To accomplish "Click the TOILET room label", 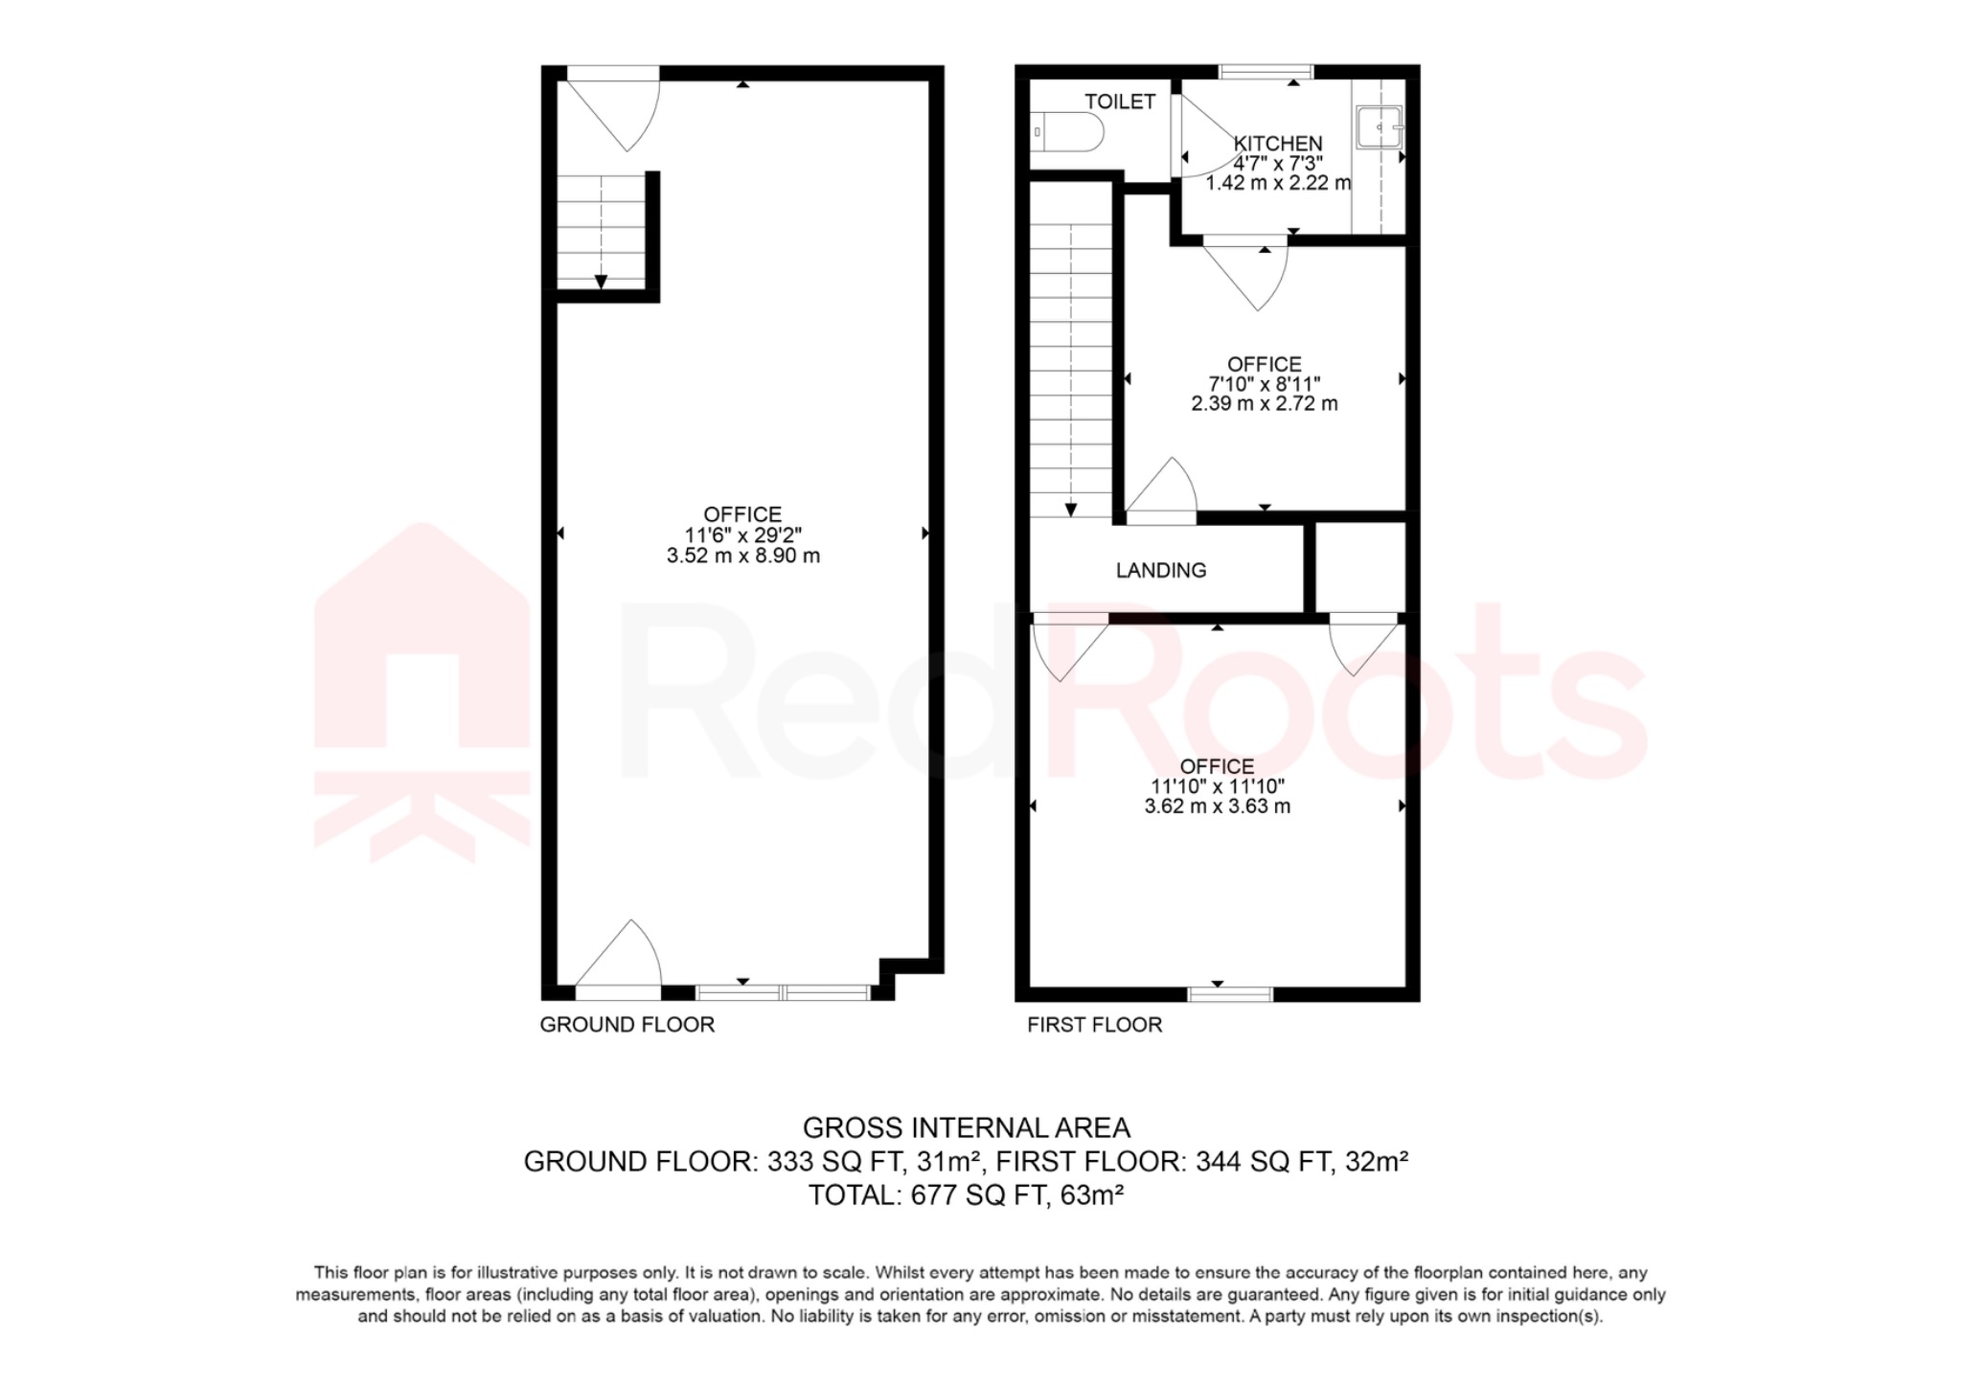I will pos(1119,102).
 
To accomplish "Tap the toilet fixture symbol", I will pos(1065,132).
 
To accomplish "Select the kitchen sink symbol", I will pos(1379,126).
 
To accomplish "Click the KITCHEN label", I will pos(1278,144).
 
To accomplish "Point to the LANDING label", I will pos(1160,571).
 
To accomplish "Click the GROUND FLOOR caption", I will pos(627,1025).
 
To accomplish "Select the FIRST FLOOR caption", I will pos(1094,1025).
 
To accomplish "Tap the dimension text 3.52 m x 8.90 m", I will pos(742,556).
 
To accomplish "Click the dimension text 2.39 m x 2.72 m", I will pos(1264,403).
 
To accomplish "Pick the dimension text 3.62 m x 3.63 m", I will pos(1217,807).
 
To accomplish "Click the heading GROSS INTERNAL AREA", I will pos(966,1127).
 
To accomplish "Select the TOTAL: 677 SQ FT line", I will pos(966,1195).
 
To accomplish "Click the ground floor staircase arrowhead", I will pos(601,282).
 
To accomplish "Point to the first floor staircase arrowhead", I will pos(1070,511).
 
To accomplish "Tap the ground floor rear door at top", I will pos(613,105).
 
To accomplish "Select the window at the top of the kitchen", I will pos(1266,71).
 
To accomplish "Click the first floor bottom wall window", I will pos(1230,994).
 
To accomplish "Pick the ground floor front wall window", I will pos(783,993).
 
